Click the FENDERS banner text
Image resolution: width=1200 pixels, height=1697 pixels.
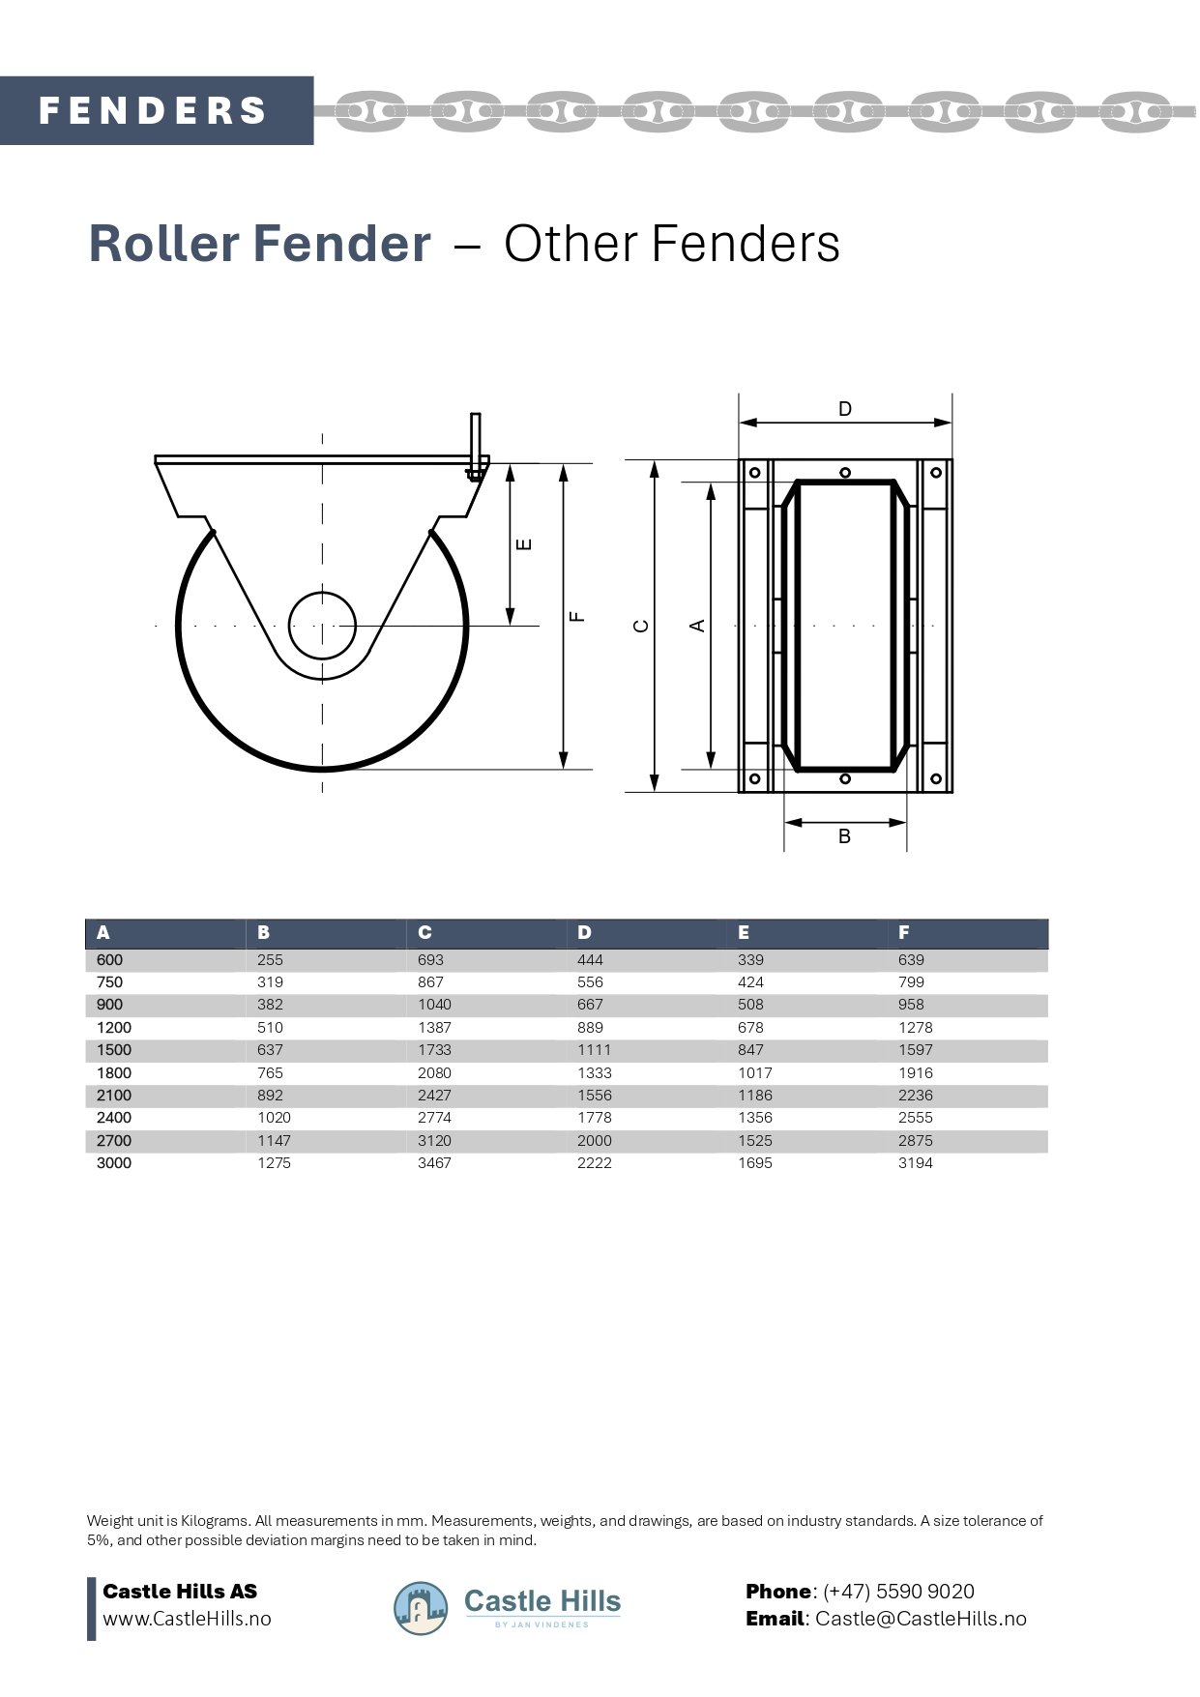tap(153, 110)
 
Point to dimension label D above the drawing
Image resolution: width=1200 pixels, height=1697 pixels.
tap(845, 409)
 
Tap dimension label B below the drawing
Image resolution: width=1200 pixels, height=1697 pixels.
tap(844, 836)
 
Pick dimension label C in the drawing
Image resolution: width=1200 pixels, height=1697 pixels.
tap(640, 626)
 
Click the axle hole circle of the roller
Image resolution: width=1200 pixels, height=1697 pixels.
tap(322, 625)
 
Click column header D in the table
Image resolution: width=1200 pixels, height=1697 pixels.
tap(584, 933)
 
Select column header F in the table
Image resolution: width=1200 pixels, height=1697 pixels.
tap(904, 933)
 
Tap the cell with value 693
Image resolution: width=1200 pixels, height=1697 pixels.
tap(430, 960)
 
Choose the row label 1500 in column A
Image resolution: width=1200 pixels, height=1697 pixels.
tap(114, 1050)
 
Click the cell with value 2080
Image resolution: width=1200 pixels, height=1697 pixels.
tap(434, 1072)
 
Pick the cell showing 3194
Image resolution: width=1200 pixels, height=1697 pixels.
tap(915, 1163)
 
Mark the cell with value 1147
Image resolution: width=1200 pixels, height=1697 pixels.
tap(274, 1141)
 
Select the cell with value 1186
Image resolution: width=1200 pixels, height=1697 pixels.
tap(755, 1096)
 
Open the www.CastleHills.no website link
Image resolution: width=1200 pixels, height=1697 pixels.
tap(187, 1619)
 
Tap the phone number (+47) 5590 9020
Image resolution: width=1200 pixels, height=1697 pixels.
tap(898, 1592)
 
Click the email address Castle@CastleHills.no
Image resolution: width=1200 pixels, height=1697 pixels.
tap(921, 1619)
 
